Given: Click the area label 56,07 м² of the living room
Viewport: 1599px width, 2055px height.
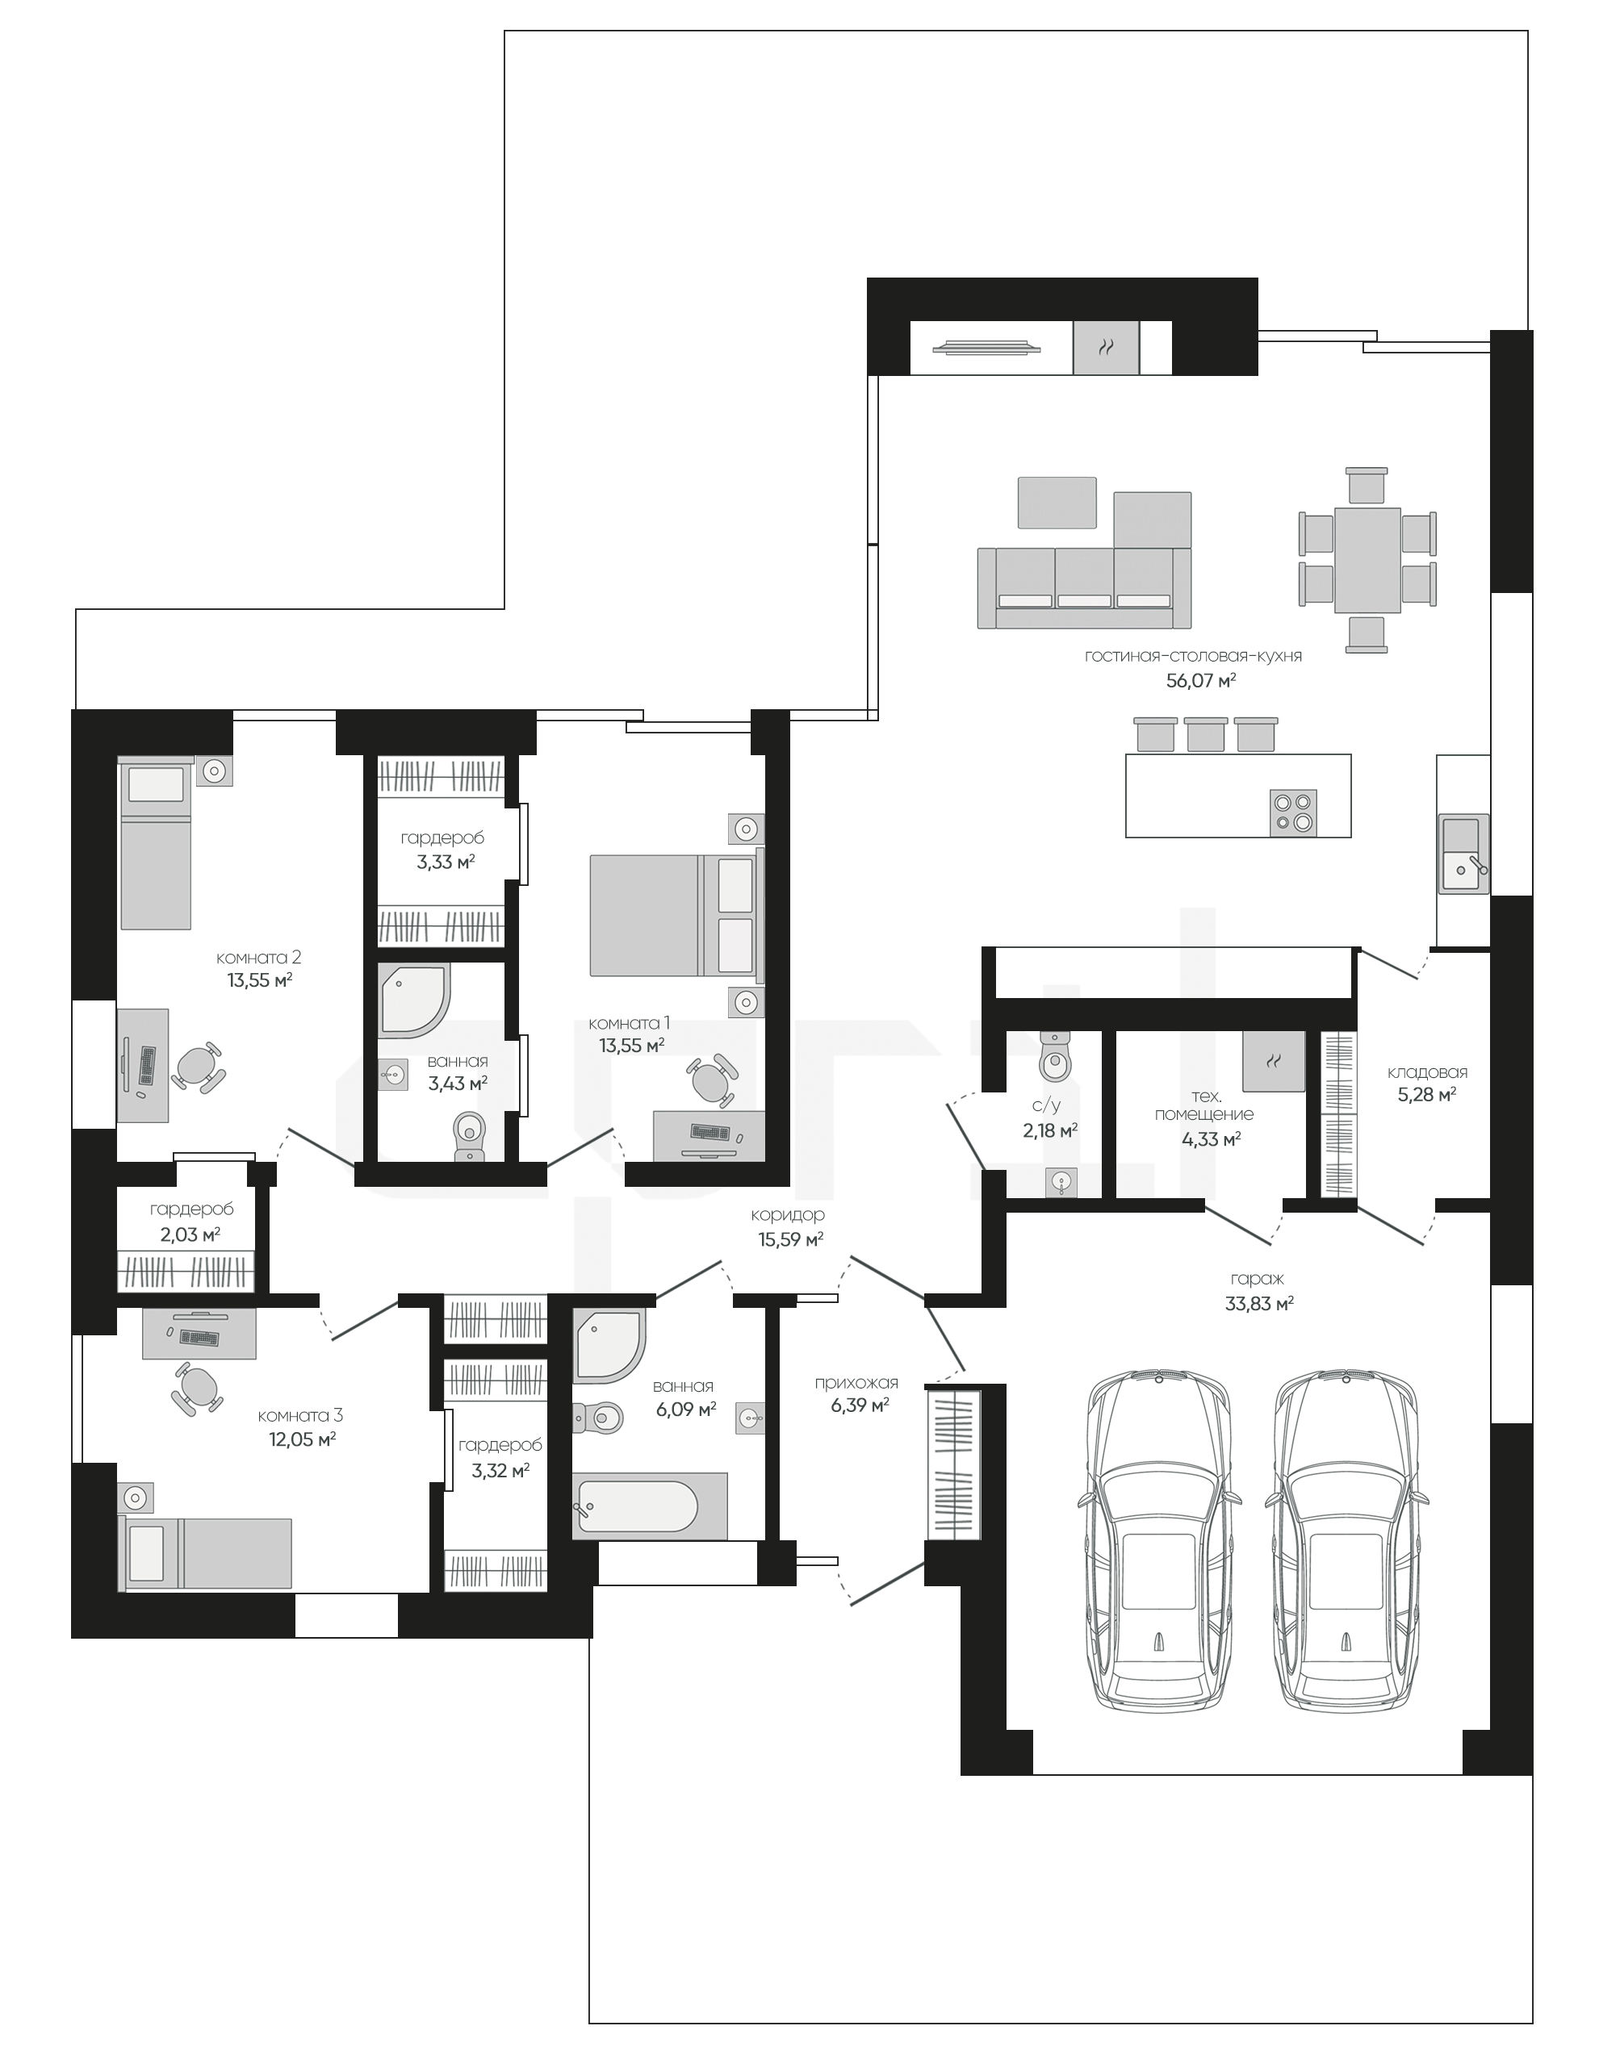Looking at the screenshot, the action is tap(1200, 679).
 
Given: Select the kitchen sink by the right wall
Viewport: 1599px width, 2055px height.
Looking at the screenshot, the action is tap(1463, 854).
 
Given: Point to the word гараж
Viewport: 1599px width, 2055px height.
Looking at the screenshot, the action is tap(1257, 1279).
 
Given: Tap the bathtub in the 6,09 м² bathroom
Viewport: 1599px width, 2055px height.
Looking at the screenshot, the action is tap(650, 1506).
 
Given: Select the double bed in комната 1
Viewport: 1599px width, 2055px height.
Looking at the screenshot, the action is tap(676, 916).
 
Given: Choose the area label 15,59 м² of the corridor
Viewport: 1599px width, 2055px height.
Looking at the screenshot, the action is tap(790, 1239).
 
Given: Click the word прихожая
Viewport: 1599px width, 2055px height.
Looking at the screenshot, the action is tap(856, 1382).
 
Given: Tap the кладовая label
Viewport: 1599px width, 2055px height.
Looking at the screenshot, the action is tap(1427, 1071).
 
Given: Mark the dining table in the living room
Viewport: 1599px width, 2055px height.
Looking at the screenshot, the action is tap(1367, 560).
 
